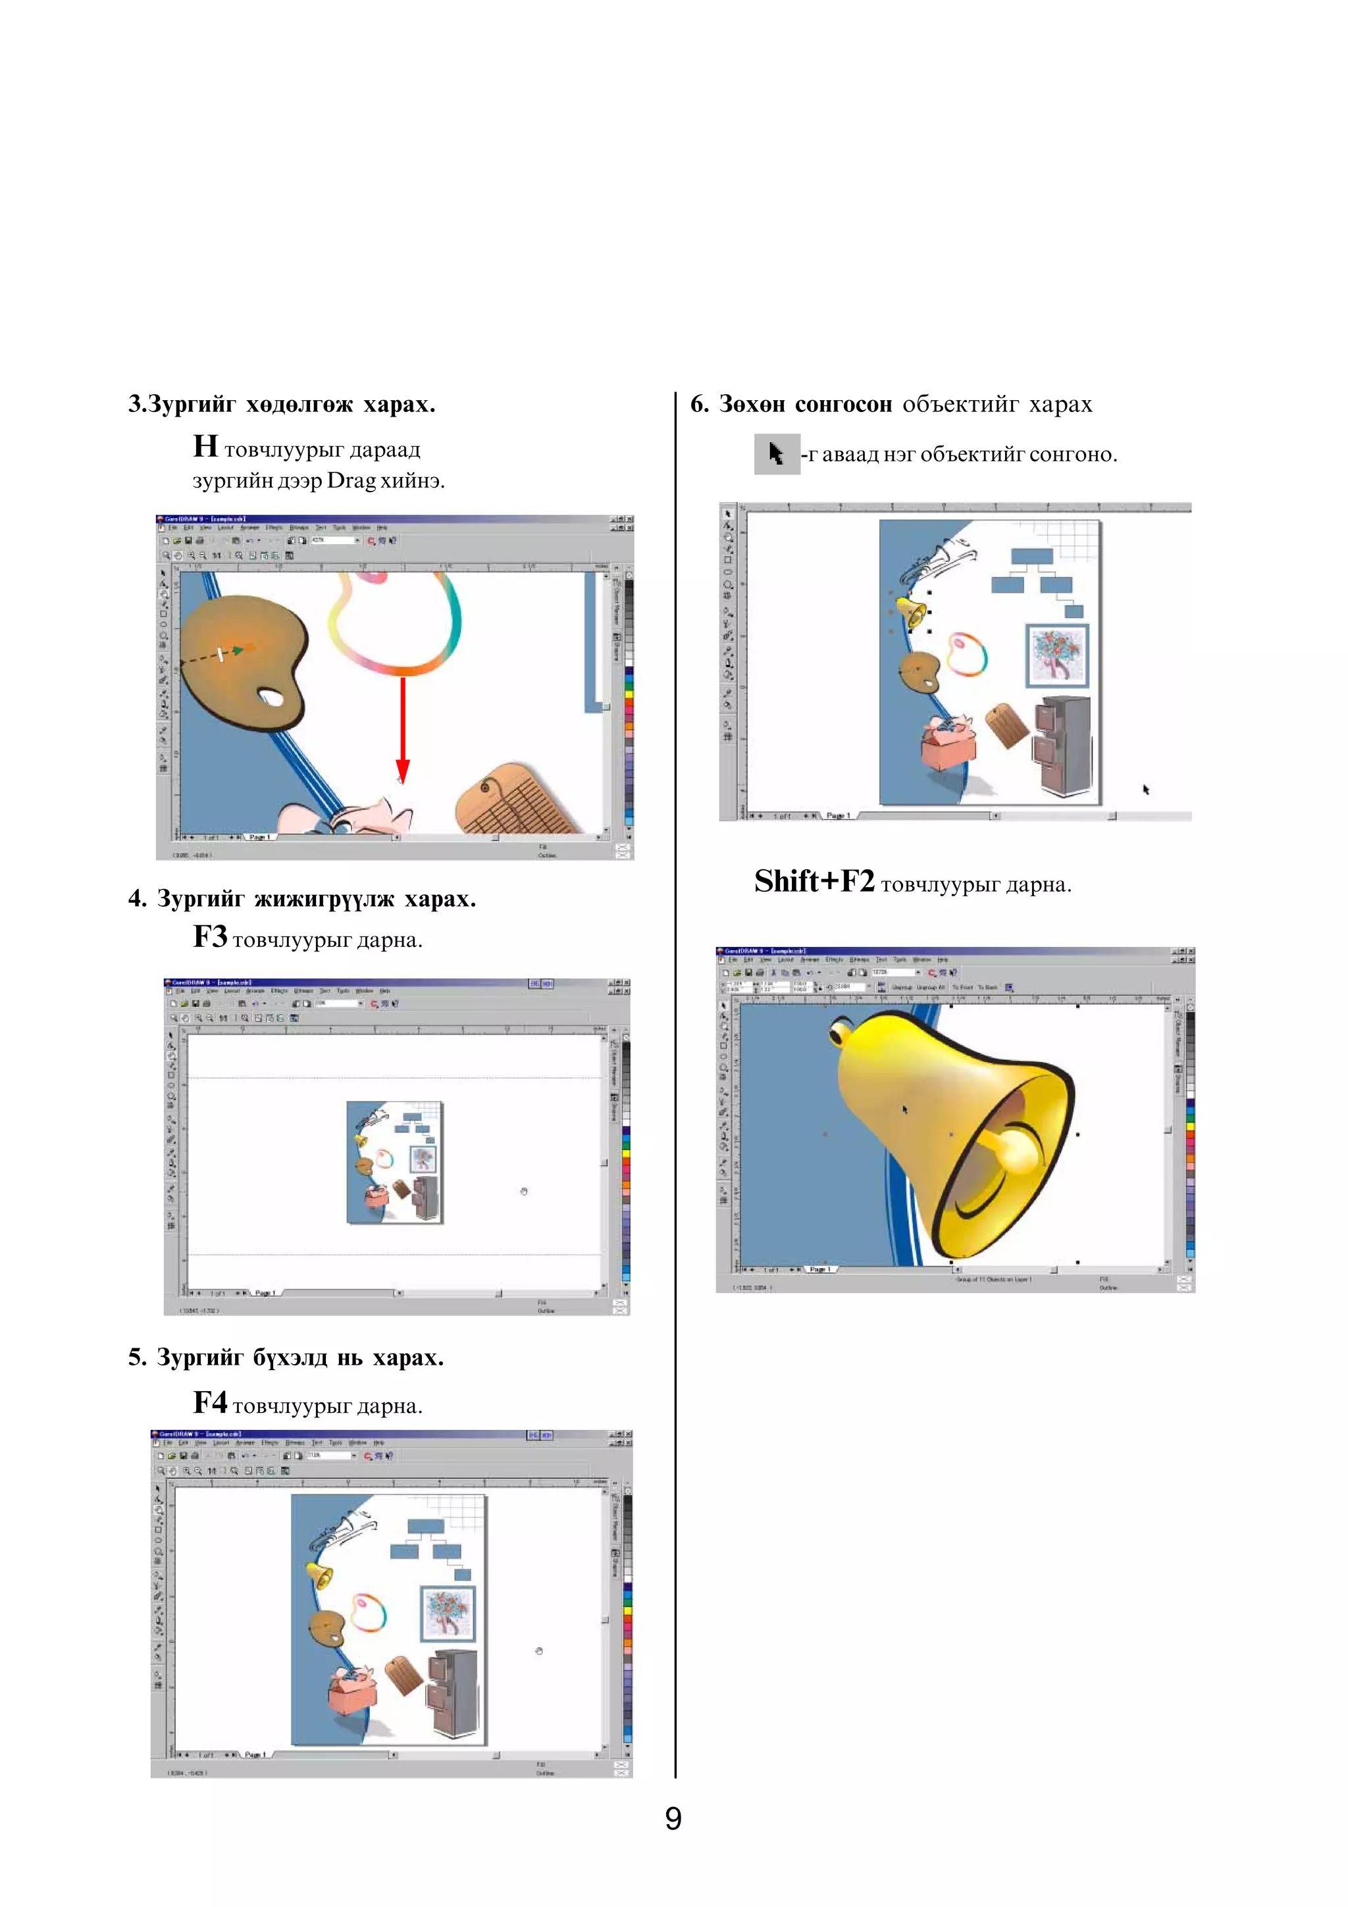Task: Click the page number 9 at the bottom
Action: (x=673, y=1819)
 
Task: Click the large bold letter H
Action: (x=205, y=447)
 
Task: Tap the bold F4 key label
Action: (x=210, y=1403)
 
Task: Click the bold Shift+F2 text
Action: (x=814, y=881)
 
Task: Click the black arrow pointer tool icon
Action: (x=777, y=454)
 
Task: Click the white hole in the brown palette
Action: (x=270, y=697)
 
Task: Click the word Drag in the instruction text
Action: (x=351, y=481)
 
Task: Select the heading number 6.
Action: (x=699, y=405)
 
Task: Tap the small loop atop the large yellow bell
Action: (x=841, y=1032)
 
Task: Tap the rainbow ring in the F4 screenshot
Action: (x=368, y=1612)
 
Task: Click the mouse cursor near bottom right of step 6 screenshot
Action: (x=1146, y=789)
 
